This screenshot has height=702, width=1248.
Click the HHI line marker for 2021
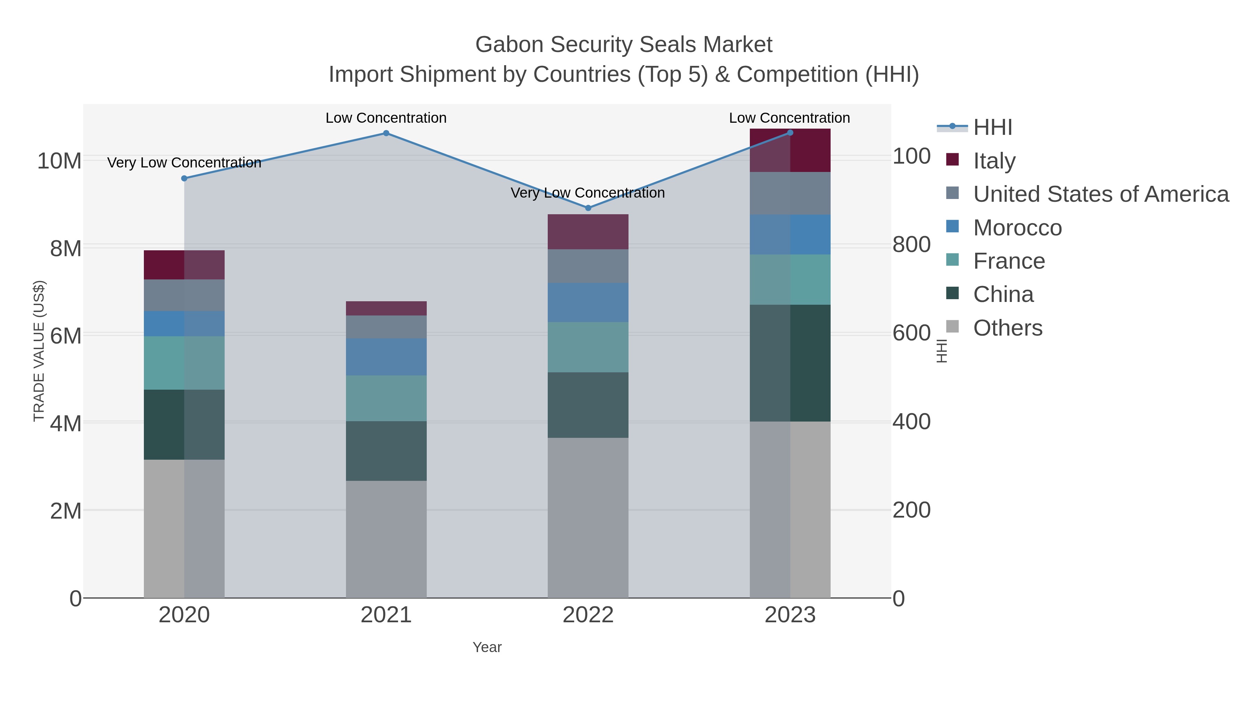[x=386, y=133]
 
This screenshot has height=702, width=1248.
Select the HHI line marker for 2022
[x=588, y=208]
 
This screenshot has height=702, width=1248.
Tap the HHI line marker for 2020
[x=184, y=178]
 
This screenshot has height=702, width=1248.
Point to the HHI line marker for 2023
[x=790, y=133]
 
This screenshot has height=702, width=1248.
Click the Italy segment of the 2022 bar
[x=588, y=232]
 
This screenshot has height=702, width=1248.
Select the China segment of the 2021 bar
[x=386, y=451]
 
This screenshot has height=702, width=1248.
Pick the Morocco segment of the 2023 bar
[x=790, y=234]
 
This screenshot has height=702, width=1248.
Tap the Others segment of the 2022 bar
[x=588, y=518]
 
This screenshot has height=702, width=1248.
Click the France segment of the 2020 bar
[x=184, y=363]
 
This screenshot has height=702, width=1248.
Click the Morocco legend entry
[x=1017, y=228]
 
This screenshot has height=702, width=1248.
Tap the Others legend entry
[x=1008, y=328]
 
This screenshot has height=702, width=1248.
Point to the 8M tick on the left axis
[x=66, y=249]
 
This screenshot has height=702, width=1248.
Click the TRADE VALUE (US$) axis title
[x=39, y=351]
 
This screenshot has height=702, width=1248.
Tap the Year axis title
[x=487, y=647]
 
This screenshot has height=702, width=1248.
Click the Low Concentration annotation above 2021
[x=386, y=118]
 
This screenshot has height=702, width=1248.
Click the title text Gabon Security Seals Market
[x=624, y=45]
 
